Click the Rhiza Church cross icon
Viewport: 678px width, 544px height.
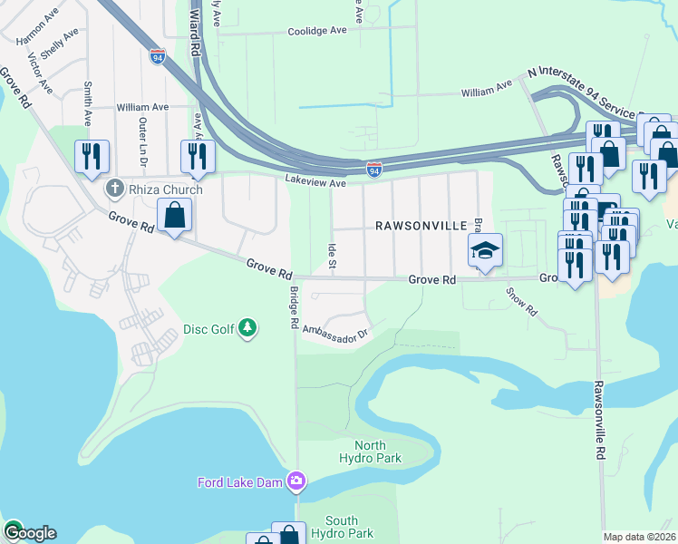(113, 189)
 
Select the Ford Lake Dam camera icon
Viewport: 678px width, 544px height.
(295, 481)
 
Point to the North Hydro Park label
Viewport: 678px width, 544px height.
(370, 452)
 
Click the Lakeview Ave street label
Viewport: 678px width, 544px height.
(315, 182)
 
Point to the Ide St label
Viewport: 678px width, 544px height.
(333, 253)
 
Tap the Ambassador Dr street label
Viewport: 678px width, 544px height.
(335, 333)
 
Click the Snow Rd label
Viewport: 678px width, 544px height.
(522, 302)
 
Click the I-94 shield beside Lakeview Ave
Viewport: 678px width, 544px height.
(374, 170)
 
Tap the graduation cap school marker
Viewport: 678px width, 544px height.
(485, 250)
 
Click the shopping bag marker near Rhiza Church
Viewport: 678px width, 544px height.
(174, 216)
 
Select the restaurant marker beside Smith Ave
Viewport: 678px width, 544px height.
(92, 156)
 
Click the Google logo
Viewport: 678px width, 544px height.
(29, 533)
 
